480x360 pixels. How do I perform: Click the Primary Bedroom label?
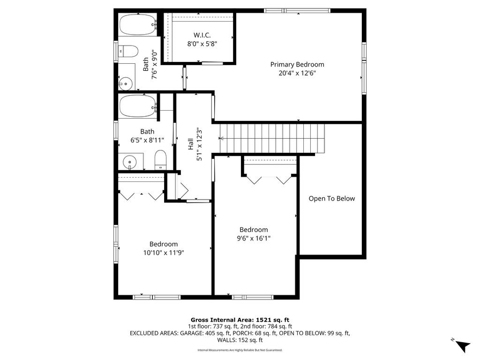click(x=297, y=65)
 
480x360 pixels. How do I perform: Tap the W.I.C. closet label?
click(x=202, y=35)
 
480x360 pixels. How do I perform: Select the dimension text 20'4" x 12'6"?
click(x=297, y=73)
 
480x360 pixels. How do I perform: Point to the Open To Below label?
click(x=331, y=199)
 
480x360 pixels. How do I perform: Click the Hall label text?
click(x=190, y=144)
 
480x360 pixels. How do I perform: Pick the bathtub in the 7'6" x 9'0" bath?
click(x=138, y=24)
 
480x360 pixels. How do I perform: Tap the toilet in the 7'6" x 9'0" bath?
click(x=128, y=51)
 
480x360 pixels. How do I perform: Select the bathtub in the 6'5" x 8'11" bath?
click(x=138, y=105)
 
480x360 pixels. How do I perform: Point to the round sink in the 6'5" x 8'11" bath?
click(x=130, y=162)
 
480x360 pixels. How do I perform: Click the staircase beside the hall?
click(x=272, y=138)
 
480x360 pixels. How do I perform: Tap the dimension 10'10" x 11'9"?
click(x=164, y=253)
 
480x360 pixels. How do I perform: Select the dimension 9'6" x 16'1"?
click(x=254, y=239)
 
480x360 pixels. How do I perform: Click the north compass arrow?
click(x=463, y=346)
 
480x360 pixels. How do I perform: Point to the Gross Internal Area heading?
click(x=240, y=320)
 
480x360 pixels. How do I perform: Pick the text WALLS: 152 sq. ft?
click(x=240, y=340)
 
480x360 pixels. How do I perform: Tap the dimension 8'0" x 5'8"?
click(x=202, y=44)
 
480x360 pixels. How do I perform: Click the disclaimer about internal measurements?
click(x=240, y=350)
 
